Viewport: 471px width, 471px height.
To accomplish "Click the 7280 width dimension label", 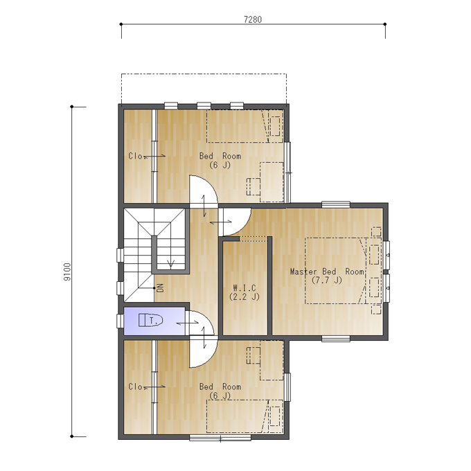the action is click(253, 19).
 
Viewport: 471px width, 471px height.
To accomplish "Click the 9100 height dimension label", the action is click(67, 272).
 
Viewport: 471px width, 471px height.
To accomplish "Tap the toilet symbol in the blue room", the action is click(150, 320).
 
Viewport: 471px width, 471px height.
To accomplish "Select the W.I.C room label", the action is click(245, 288).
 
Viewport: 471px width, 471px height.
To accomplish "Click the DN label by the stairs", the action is click(161, 287).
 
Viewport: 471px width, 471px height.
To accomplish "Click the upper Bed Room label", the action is click(220, 157).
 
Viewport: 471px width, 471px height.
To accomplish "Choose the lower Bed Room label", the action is click(220, 386).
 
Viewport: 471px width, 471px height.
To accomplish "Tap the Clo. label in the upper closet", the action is click(135, 157).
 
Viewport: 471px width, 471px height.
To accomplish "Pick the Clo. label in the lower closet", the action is click(135, 386).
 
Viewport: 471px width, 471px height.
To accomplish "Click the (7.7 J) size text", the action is click(326, 281).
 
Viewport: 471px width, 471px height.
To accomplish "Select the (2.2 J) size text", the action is click(245, 296).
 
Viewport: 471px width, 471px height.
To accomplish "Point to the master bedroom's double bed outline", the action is click(336, 271).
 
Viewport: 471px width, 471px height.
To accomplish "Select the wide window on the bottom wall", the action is click(220, 438).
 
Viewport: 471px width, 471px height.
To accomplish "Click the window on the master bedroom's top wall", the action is click(336, 204).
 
